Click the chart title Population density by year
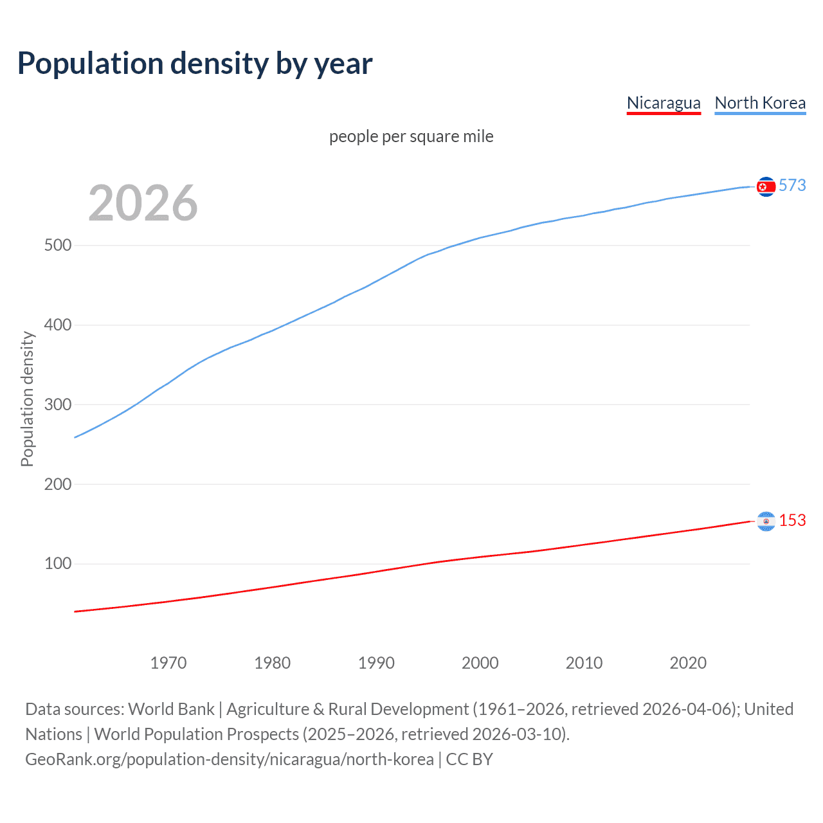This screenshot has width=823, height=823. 195,64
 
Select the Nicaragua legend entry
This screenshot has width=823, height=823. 664,103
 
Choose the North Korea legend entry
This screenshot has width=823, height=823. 760,103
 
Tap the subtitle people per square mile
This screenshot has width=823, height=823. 411,136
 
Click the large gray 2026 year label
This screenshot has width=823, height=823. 143,203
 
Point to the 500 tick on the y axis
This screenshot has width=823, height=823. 57,246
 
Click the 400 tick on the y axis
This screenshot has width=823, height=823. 57,325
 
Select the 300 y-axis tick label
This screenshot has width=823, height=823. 57,405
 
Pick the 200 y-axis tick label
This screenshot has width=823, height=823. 57,484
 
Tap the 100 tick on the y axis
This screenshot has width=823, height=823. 57,564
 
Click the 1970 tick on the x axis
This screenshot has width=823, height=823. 168,663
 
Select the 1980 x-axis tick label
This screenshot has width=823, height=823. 272,663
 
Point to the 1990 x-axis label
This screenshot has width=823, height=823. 376,663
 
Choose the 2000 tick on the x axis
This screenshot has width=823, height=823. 480,663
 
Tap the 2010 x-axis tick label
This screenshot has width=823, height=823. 584,663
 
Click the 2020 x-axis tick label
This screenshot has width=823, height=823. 688,663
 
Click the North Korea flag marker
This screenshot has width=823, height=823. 766,186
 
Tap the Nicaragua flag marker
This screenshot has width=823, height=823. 766,521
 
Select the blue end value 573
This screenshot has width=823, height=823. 792,186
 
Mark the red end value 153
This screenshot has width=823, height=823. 792,521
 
